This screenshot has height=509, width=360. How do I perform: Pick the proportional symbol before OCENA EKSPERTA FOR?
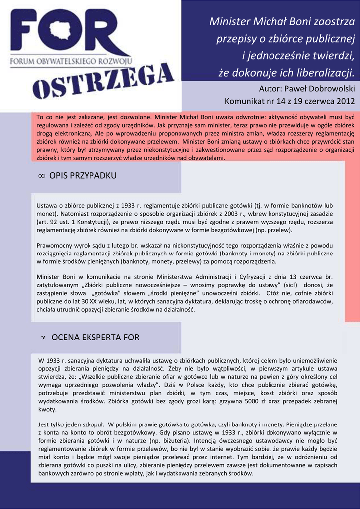43,338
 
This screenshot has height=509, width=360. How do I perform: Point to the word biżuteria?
197,440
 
